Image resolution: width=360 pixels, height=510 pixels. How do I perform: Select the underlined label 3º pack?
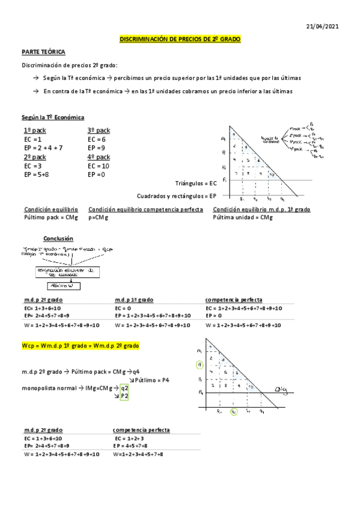click(x=99, y=131)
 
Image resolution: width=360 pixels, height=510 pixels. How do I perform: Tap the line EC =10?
click(x=99, y=165)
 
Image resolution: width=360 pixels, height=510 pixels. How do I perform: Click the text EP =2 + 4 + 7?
click(x=43, y=147)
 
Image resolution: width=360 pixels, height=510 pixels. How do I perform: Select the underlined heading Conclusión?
click(x=58, y=238)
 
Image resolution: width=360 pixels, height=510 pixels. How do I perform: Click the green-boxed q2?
click(x=124, y=388)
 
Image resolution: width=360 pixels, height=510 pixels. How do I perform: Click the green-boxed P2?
click(x=124, y=396)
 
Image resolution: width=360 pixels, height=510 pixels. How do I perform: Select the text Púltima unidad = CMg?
click(x=243, y=217)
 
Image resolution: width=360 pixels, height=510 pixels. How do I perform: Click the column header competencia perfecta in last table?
click(x=141, y=430)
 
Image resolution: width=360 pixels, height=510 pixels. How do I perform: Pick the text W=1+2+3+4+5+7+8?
click(x=138, y=454)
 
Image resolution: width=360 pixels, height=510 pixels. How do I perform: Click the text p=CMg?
click(x=100, y=217)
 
